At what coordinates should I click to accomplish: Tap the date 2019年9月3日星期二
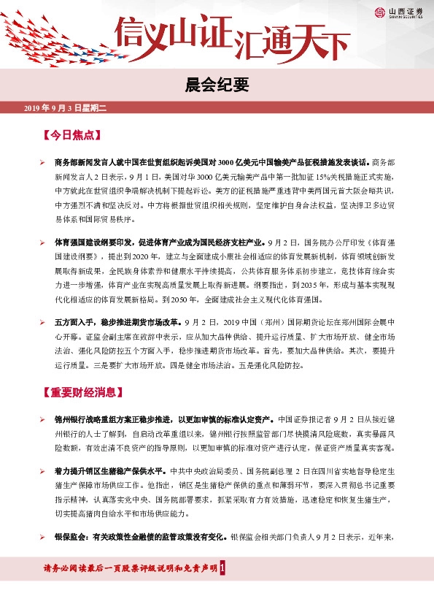click(66, 108)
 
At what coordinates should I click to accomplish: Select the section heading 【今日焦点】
click(71, 136)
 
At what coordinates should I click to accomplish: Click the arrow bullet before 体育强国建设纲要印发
click(44, 241)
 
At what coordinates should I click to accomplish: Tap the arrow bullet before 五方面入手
click(44, 321)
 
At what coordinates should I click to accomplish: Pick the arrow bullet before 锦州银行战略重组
click(44, 419)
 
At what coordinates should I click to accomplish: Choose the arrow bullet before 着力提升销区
click(44, 472)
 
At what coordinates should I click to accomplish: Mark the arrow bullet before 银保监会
click(44, 537)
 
